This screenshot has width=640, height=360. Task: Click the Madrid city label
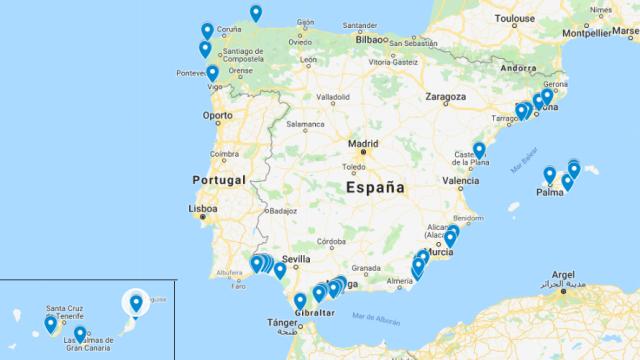pyautogui.click(x=363, y=142)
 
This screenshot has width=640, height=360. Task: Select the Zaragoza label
pyautogui.click(x=445, y=99)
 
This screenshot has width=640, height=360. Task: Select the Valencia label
pyautogui.click(x=460, y=181)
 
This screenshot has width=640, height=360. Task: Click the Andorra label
pyautogui.click(x=520, y=68)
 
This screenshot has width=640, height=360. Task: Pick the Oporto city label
pyautogui.click(x=217, y=114)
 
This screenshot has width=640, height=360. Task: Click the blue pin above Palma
pyautogui.click(x=549, y=176)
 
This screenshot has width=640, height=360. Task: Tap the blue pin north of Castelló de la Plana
pyautogui.click(x=479, y=150)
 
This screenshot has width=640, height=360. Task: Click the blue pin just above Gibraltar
pyautogui.click(x=299, y=300)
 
